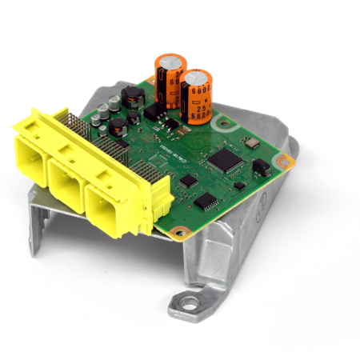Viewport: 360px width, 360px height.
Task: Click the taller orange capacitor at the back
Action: [x=170, y=80]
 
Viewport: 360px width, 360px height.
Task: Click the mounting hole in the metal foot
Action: [x=189, y=302]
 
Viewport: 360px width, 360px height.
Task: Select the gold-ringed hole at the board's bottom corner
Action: [x=180, y=233]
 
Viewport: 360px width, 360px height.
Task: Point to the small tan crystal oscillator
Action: [x=250, y=143]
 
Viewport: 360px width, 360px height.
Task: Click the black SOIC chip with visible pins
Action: [x=206, y=200]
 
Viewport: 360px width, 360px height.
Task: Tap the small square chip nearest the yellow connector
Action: [x=188, y=181]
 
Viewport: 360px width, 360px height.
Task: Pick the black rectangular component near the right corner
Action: [x=261, y=166]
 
